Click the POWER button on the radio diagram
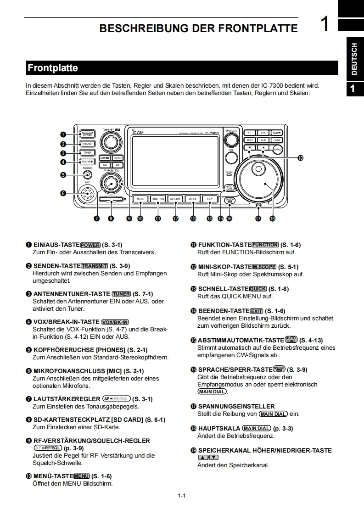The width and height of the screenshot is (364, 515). (88, 134)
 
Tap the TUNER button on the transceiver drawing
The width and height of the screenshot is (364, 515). (88, 152)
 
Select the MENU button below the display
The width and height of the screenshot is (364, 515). (140, 199)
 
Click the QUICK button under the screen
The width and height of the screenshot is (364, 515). (192, 199)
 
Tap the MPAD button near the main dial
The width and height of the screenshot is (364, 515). (278, 150)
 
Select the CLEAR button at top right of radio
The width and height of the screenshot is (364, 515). (276, 133)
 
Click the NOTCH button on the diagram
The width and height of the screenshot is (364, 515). (118, 157)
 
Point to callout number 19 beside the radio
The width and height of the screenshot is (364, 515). (300, 157)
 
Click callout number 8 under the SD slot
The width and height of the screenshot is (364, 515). (111, 218)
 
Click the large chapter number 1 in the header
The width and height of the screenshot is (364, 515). (325, 24)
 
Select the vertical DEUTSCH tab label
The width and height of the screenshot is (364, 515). (354, 59)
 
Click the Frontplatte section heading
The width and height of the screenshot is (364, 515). (53, 68)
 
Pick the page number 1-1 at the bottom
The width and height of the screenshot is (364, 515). (181, 495)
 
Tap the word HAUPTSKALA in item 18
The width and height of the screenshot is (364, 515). (219, 428)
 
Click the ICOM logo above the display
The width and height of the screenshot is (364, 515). (138, 132)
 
